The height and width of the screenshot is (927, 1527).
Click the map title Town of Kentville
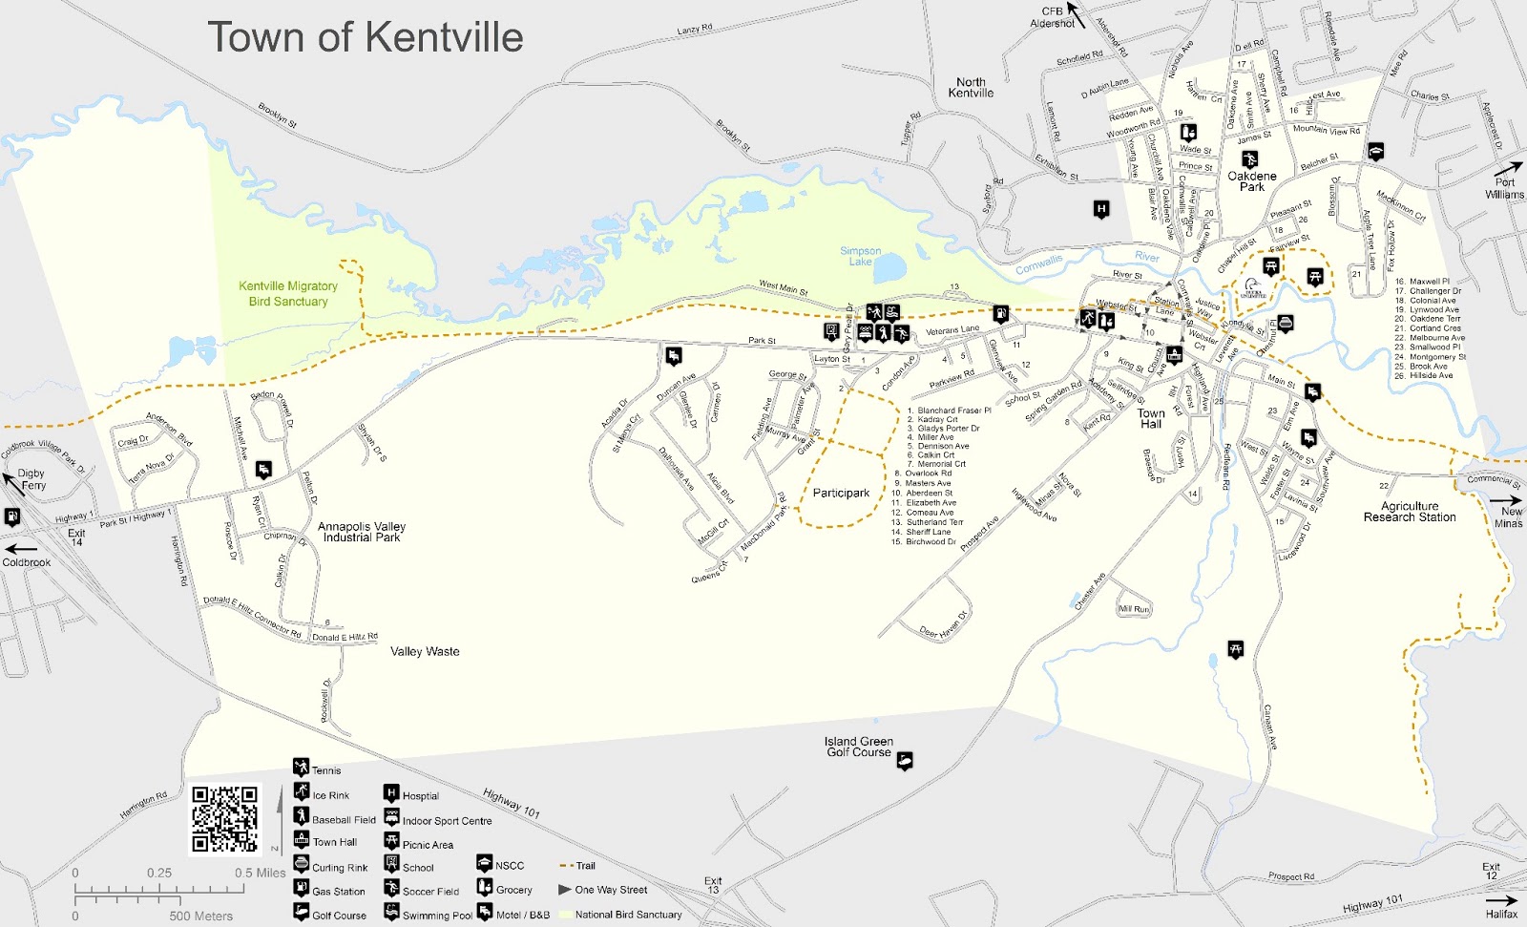click(x=366, y=38)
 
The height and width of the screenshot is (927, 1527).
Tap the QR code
click(x=225, y=819)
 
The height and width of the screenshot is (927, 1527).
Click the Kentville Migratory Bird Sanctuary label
click(x=288, y=293)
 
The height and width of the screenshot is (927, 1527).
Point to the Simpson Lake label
click(x=860, y=256)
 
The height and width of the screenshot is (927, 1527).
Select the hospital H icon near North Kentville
click(x=1101, y=209)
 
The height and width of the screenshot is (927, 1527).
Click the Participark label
click(x=841, y=494)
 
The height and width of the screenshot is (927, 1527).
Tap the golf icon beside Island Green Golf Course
click(x=905, y=760)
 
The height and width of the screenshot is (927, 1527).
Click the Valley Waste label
click(x=425, y=651)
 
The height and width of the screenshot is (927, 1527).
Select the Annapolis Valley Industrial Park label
click(x=362, y=532)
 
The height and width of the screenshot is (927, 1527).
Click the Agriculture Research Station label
click(x=1410, y=512)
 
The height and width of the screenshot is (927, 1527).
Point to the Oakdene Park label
click(x=1251, y=181)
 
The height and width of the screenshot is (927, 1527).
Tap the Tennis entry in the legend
click(x=325, y=770)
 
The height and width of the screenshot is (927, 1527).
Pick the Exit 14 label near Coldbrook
click(x=76, y=537)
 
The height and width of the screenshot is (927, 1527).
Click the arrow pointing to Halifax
click(x=1501, y=899)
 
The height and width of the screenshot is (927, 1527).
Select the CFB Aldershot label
click(x=1053, y=17)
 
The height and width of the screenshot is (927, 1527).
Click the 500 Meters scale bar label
click(x=200, y=916)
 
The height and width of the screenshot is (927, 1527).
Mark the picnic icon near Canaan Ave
click(x=1236, y=650)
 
